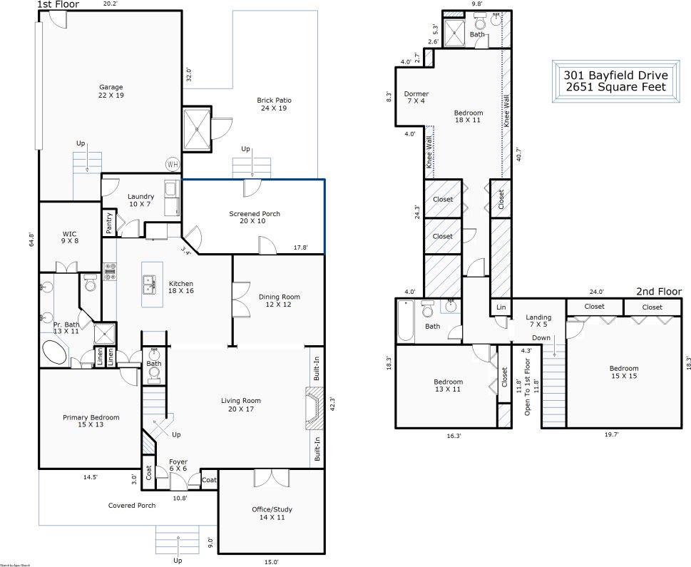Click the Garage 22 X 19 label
111,91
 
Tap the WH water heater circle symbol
173,164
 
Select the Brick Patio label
274,105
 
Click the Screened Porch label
254,218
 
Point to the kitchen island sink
150,285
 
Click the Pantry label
109,223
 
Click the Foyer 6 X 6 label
178,466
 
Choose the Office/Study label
272,514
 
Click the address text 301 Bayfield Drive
615,75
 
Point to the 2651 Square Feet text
615,87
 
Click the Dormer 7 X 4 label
416,98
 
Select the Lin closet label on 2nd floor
500,307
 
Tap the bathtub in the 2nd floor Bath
405,321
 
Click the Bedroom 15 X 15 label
623,372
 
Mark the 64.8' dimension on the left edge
31,238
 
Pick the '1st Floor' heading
58,5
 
